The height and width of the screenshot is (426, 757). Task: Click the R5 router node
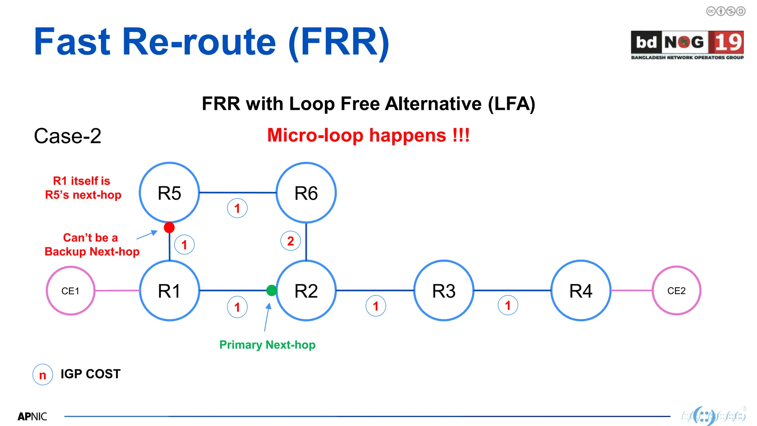tap(169, 193)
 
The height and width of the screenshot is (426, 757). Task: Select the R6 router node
tap(306, 193)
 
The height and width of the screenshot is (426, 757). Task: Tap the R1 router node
tap(169, 291)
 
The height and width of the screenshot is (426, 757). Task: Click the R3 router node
tap(444, 291)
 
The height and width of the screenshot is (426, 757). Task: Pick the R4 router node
tap(581, 291)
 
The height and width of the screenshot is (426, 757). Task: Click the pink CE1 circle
tap(70, 291)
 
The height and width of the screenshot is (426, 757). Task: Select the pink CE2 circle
tap(676, 291)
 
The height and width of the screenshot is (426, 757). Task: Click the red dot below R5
tap(169, 227)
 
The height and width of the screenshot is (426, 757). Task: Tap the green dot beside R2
tap(272, 290)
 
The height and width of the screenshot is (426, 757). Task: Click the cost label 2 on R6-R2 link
tap(291, 241)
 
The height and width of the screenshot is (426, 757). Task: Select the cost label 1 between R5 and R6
tap(237, 208)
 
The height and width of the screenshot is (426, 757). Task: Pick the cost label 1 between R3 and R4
tap(508, 305)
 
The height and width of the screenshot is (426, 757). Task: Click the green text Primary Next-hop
tap(267, 345)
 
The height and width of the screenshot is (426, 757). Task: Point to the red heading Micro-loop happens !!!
tap(368, 135)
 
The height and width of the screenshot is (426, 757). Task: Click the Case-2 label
tap(68, 136)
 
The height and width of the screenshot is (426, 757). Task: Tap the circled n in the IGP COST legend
tap(43, 375)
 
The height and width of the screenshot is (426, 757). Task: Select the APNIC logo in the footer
tap(33, 416)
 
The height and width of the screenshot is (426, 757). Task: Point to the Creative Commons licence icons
tap(726, 11)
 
